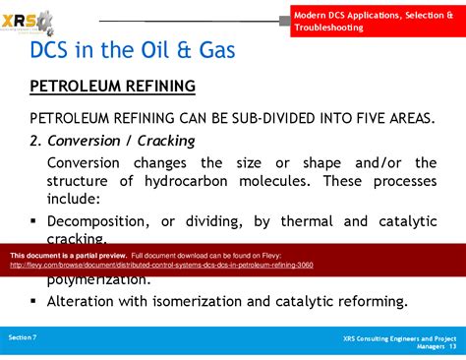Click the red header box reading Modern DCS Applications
tap(376, 19)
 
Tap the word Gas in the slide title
tap(208, 51)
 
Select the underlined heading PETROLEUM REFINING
tap(112, 86)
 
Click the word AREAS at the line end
tap(405, 118)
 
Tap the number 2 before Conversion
tap(34, 140)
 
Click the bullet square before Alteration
tap(33, 301)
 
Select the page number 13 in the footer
tap(452, 345)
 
